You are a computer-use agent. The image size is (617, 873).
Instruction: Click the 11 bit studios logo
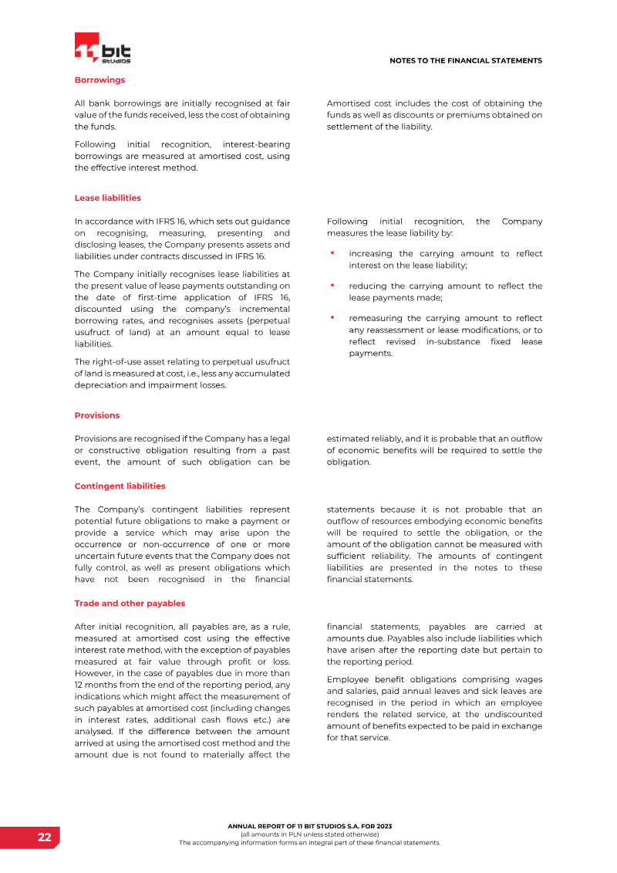(103, 49)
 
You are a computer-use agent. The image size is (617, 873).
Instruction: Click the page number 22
(45, 837)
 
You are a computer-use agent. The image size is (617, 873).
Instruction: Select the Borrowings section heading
(99, 80)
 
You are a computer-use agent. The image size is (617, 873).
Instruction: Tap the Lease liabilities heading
(107, 198)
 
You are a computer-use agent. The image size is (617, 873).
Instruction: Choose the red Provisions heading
(97, 415)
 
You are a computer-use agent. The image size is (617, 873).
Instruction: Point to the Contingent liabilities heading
(120, 486)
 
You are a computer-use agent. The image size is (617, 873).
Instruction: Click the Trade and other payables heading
(130, 603)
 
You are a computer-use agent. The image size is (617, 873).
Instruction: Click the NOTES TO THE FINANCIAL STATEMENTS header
(465, 60)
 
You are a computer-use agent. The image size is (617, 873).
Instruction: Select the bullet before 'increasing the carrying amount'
(332, 252)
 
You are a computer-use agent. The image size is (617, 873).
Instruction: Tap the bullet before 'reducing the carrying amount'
(332, 285)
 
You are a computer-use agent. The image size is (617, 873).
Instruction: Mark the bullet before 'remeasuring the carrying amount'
(332, 317)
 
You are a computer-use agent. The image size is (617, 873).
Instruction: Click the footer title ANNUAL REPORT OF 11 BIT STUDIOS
(309, 826)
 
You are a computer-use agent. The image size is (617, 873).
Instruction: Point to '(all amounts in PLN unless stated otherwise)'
(309, 834)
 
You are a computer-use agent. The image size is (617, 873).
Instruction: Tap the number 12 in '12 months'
(79, 685)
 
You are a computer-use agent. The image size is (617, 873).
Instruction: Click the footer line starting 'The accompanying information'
(309, 843)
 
